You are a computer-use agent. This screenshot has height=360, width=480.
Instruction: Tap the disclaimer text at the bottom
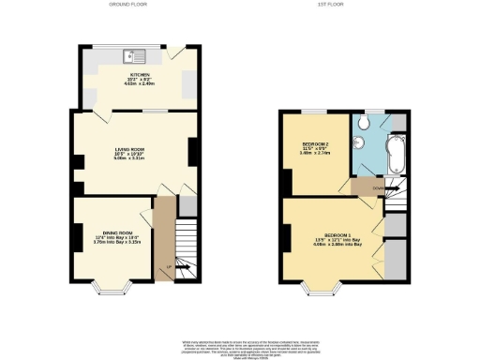point(239,346)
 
